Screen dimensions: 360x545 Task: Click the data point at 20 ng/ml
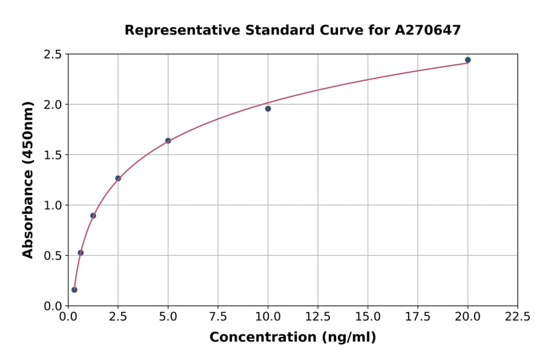click(467, 60)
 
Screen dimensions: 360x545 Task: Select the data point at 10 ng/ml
click(268, 108)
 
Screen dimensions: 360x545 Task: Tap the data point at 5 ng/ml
click(168, 141)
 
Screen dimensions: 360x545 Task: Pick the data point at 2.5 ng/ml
click(118, 178)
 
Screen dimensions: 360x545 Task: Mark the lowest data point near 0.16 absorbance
click(74, 290)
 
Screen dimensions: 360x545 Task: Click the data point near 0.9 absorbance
click(93, 216)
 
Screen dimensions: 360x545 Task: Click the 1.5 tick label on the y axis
click(53, 155)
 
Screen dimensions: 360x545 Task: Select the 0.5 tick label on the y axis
click(53, 256)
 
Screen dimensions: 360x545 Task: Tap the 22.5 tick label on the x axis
click(517, 317)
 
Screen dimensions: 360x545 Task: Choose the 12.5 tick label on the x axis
click(318, 317)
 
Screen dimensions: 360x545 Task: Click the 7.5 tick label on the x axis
click(218, 317)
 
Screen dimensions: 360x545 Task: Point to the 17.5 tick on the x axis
click(418, 317)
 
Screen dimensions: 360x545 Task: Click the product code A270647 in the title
click(429, 30)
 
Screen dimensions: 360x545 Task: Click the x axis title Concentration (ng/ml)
click(292, 338)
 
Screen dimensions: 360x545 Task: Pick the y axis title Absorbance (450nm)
click(28, 179)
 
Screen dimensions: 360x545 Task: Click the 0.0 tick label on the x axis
click(68, 317)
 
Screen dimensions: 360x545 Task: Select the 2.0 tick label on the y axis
click(53, 105)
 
